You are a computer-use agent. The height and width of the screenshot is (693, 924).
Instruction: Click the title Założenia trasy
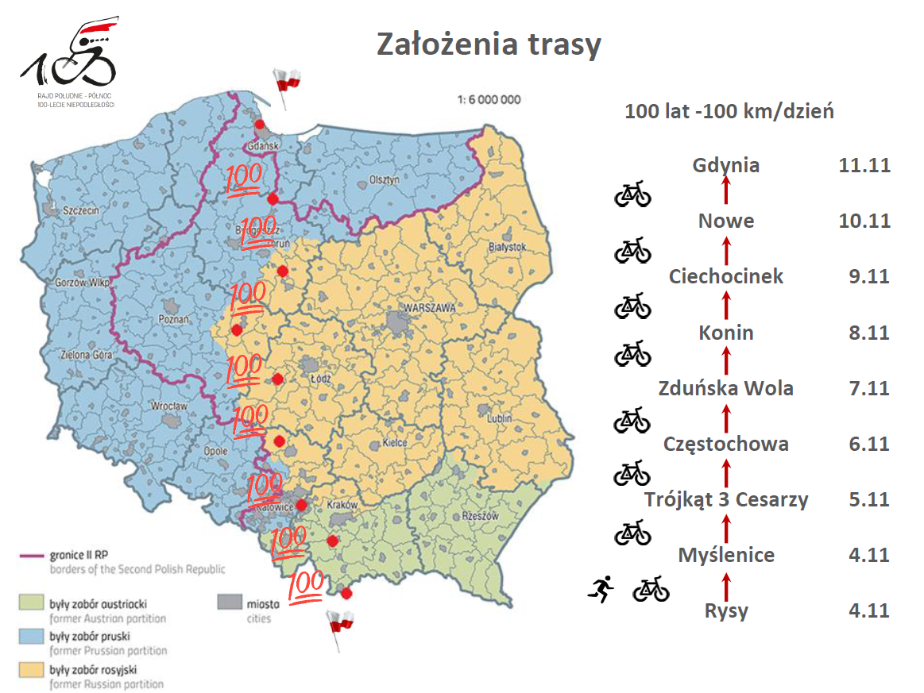pyautogui.click(x=488, y=45)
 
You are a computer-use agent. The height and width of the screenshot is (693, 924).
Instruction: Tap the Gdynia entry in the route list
pyautogui.click(x=725, y=165)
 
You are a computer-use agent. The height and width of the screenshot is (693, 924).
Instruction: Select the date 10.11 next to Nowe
pyautogui.click(x=864, y=221)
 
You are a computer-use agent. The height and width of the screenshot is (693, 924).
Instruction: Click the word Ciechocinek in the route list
pyautogui.click(x=725, y=276)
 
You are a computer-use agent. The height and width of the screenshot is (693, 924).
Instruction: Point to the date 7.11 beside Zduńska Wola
pyautogui.click(x=868, y=388)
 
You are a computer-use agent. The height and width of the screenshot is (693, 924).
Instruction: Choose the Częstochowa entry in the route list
pyautogui.click(x=725, y=444)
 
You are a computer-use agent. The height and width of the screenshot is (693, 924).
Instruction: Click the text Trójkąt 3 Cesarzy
pyautogui.click(x=725, y=499)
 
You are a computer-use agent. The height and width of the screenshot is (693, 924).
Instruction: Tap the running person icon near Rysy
pyautogui.click(x=601, y=589)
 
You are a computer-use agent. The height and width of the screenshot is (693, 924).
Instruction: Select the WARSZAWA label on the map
pyautogui.click(x=428, y=307)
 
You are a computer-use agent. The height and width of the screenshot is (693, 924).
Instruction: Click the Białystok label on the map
pyautogui.click(x=508, y=247)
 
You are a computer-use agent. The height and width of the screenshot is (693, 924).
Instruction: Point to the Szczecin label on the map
pyautogui.click(x=78, y=211)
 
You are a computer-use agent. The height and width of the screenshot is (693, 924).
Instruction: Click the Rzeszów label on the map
pyautogui.click(x=479, y=517)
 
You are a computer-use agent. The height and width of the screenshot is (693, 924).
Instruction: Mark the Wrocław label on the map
pyautogui.click(x=168, y=406)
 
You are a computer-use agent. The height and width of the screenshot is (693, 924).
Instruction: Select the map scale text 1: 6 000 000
pyautogui.click(x=489, y=100)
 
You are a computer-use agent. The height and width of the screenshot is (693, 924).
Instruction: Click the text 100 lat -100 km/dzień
pyautogui.click(x=729, y=111)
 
